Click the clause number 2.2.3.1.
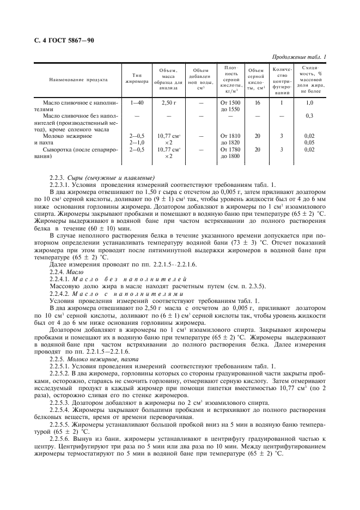(60, 185)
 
